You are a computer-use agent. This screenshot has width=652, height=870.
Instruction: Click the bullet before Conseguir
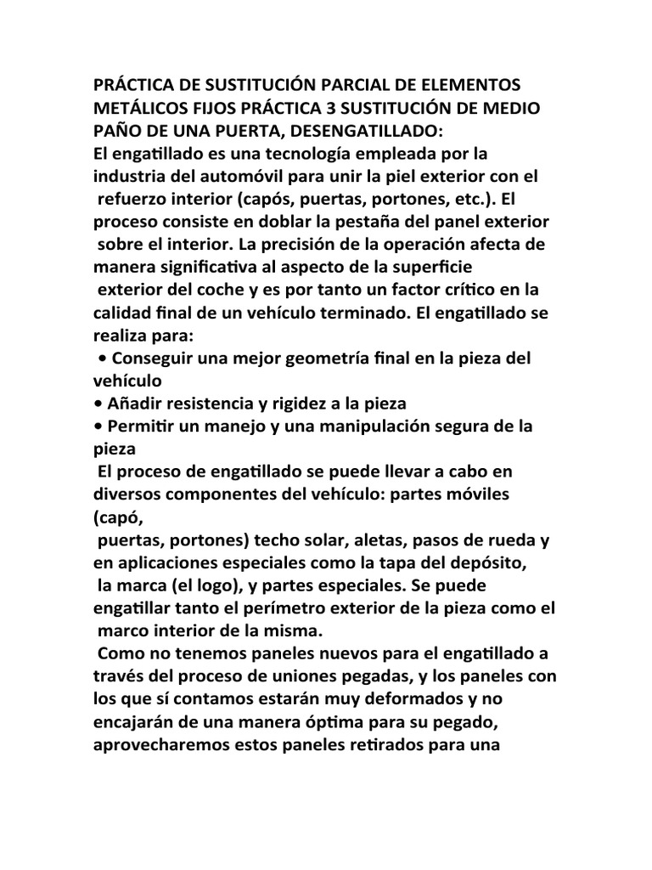pos(103,357)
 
